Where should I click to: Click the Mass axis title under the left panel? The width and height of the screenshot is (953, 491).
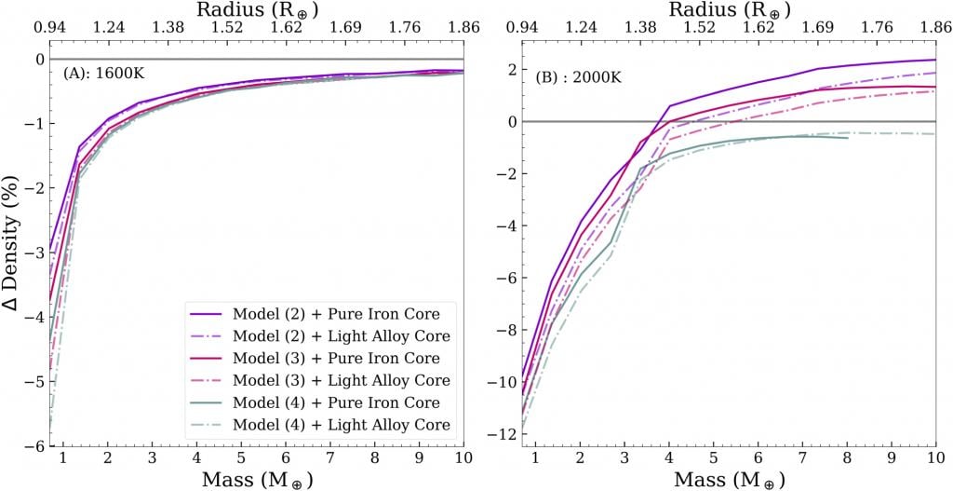pyautogui.click(x=256, y=480)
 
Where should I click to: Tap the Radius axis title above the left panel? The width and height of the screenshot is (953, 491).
pyautogui.click(x=256, y=9)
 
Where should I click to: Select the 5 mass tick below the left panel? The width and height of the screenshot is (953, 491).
pyautogui.click(x=241, y=459)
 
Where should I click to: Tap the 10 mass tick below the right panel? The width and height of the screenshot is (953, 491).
pyautogui.click(x=934, y=459)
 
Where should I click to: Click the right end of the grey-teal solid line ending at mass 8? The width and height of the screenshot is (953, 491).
pyautogui.click(x=847, y=138)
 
